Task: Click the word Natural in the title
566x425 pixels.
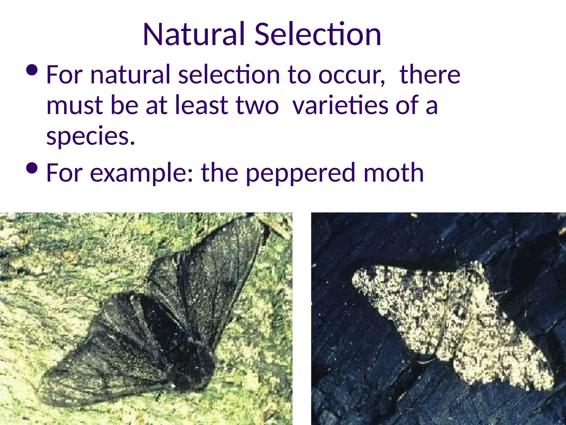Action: click(x=194, y=34)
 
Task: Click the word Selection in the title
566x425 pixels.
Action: click(x=318, y=34)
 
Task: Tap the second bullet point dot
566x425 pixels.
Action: click(x=32, y=168)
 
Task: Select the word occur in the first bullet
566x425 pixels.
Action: click(x=351, y=75)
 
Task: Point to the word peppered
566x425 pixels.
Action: click(x=300, y=173)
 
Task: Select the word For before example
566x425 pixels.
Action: click(x=64, y=173)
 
